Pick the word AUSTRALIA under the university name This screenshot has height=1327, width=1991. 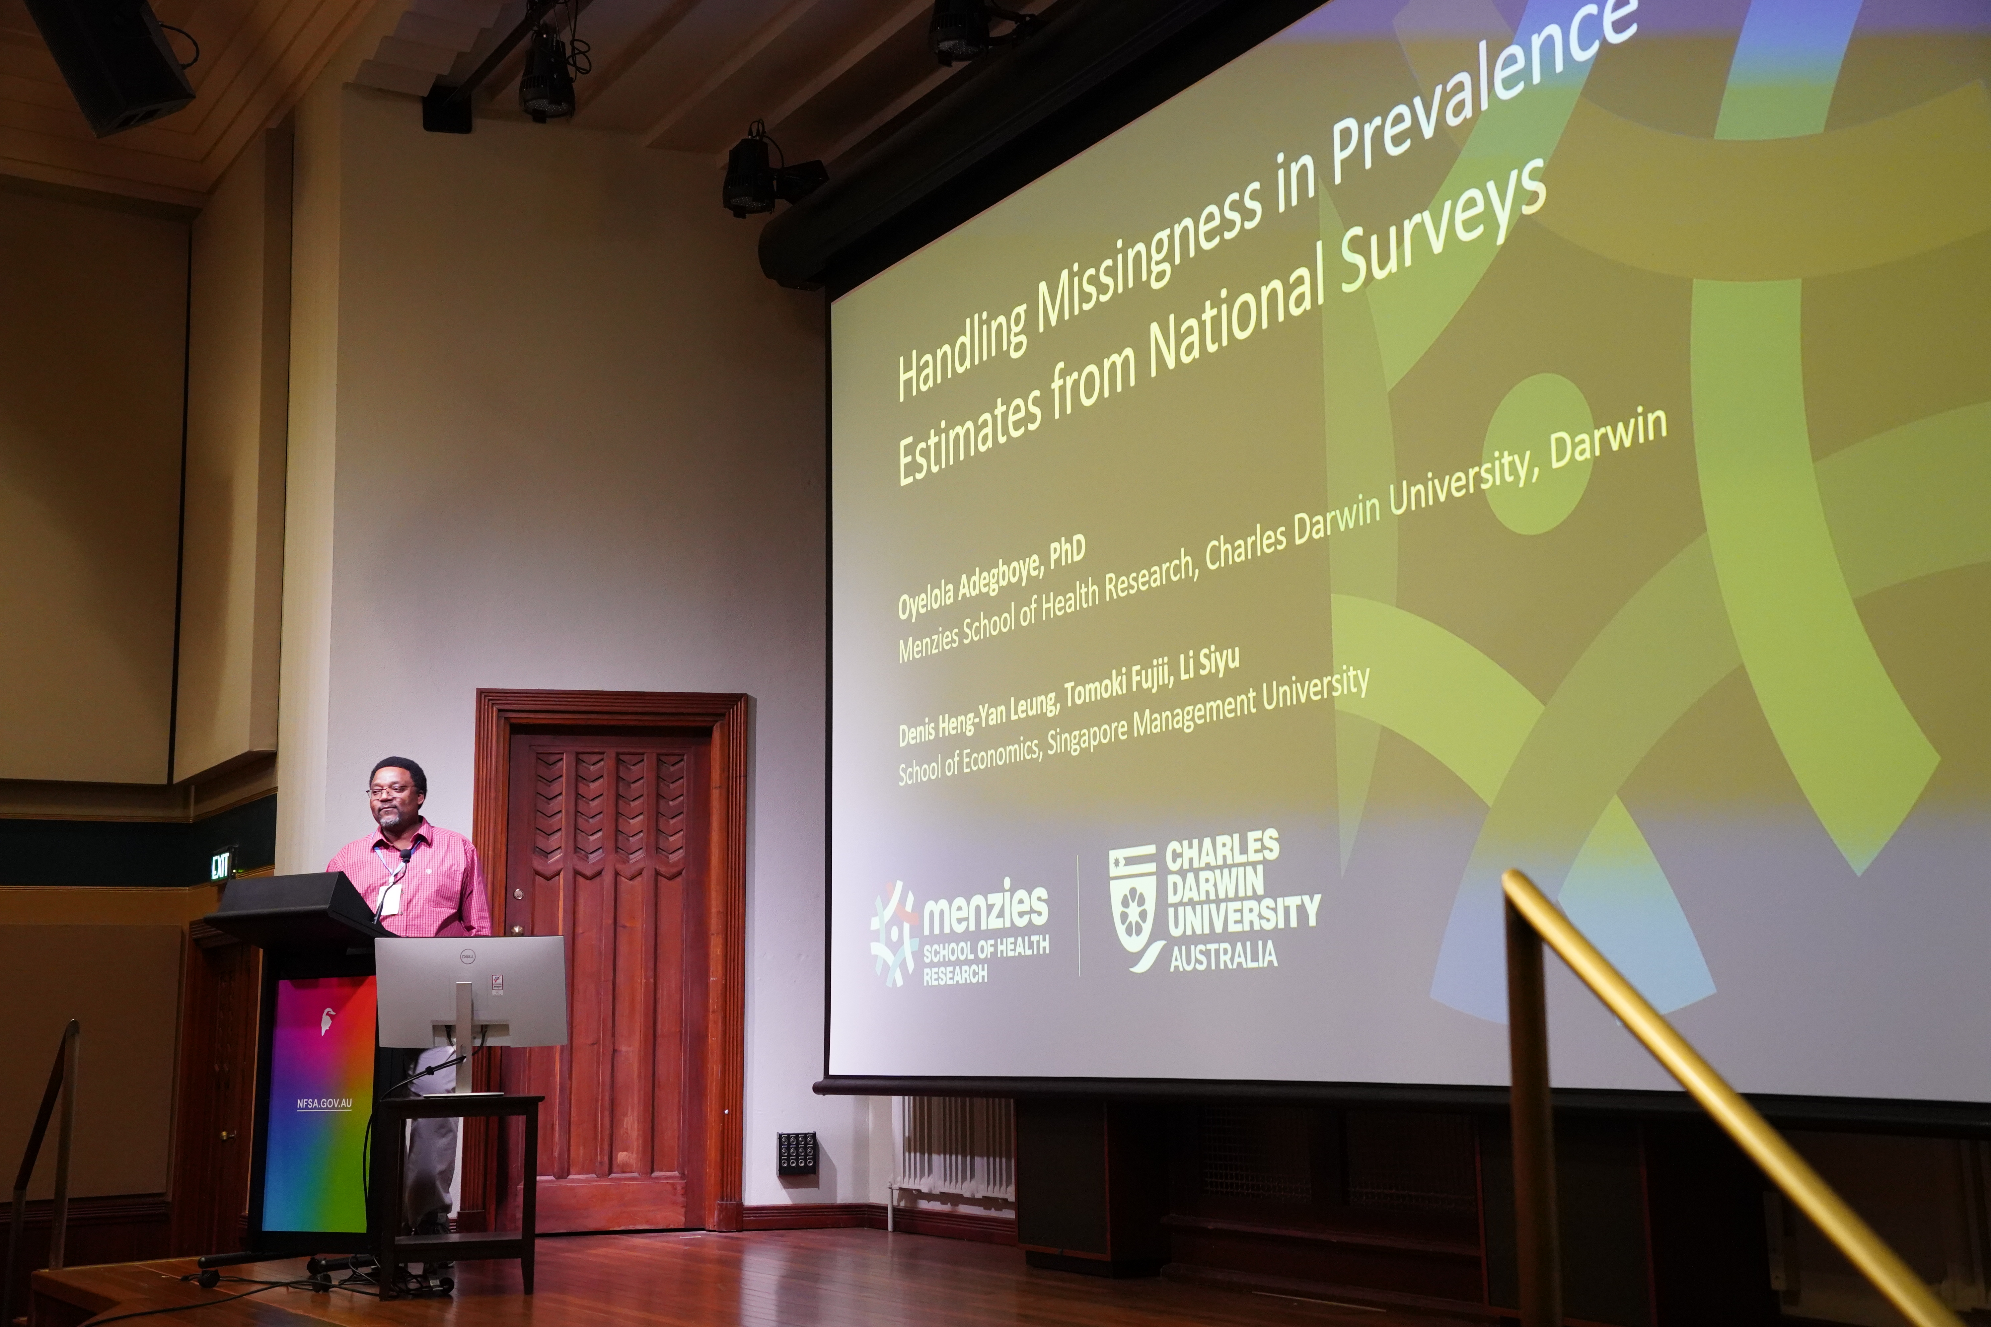tap(1223, 956)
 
